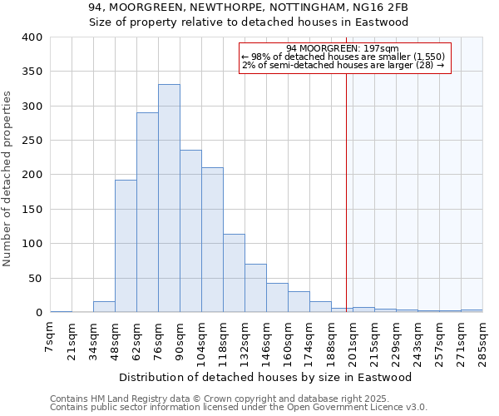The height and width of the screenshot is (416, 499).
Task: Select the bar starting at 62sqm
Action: pos(147,212)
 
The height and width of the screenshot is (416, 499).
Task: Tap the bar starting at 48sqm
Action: pos(126,246)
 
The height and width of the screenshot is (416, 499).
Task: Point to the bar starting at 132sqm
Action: pos(255,288)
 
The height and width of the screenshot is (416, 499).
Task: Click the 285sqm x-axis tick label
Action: pos(483,339)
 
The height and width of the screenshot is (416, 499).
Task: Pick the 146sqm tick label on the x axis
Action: pos(267,339)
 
